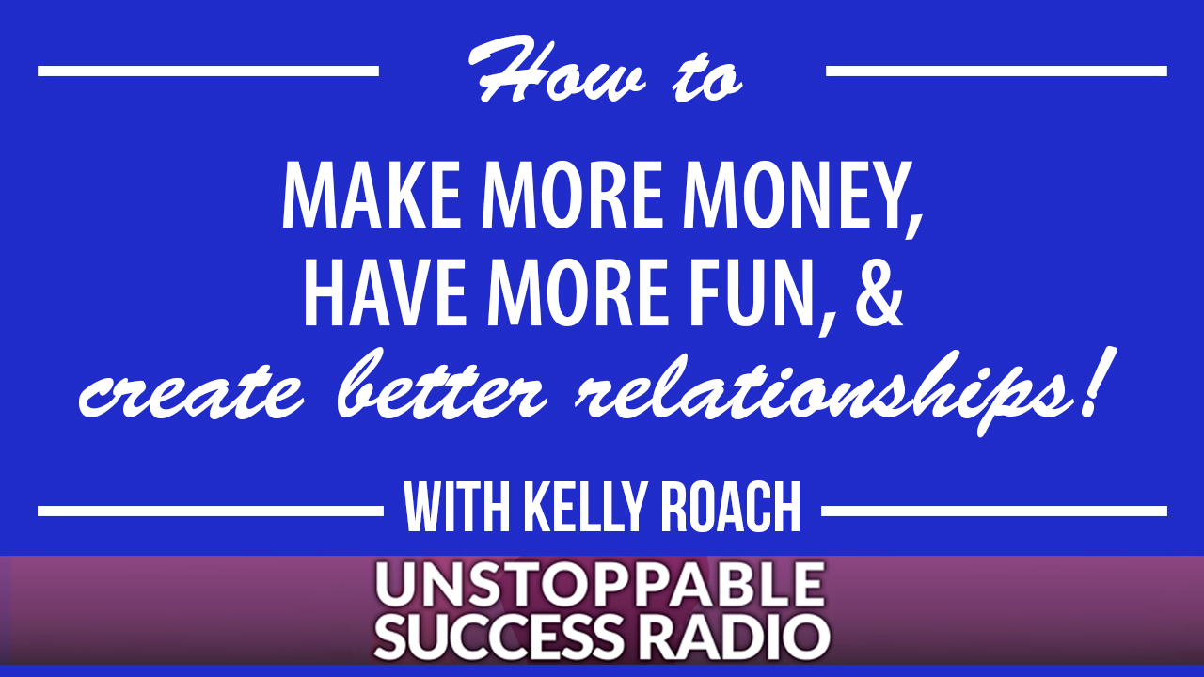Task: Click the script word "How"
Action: [556, 70]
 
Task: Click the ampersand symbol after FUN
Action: [879, 292]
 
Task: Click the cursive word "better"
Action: [442, 384]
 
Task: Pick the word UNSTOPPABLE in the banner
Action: [599, 585]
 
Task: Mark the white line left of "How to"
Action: [208, 71]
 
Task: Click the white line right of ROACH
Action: [994, 511]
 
